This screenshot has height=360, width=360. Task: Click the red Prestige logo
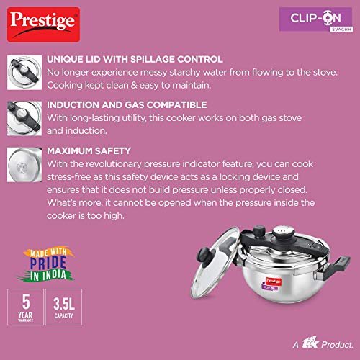tap(43, 24)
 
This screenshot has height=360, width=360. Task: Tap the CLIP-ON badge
tap(316, 19)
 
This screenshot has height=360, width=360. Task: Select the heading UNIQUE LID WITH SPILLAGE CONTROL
tap(135, 60)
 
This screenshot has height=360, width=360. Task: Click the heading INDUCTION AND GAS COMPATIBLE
tap(127, 105)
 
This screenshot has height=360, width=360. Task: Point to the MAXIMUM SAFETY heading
tap(89, 151)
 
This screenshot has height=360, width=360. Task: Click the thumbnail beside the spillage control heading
tap(24, 73)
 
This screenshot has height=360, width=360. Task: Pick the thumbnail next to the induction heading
tap(24, 119)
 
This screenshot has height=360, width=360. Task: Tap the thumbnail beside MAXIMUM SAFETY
tap(24, 165)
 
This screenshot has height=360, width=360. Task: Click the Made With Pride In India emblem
tap(47, 265)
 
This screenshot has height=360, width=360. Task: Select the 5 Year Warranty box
tap(25, 307)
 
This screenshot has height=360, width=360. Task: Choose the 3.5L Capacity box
tap(63, 307)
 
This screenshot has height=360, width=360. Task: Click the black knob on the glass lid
tap(204, 255)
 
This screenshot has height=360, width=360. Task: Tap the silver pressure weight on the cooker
tap(284, 233)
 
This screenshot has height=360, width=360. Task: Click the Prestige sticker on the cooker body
tap(274, 281)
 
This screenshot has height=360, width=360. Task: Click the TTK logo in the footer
tap(310, 343)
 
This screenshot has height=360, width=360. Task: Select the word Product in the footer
tap(337, 345)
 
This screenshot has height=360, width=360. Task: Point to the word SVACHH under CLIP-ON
tap(341, 30)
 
